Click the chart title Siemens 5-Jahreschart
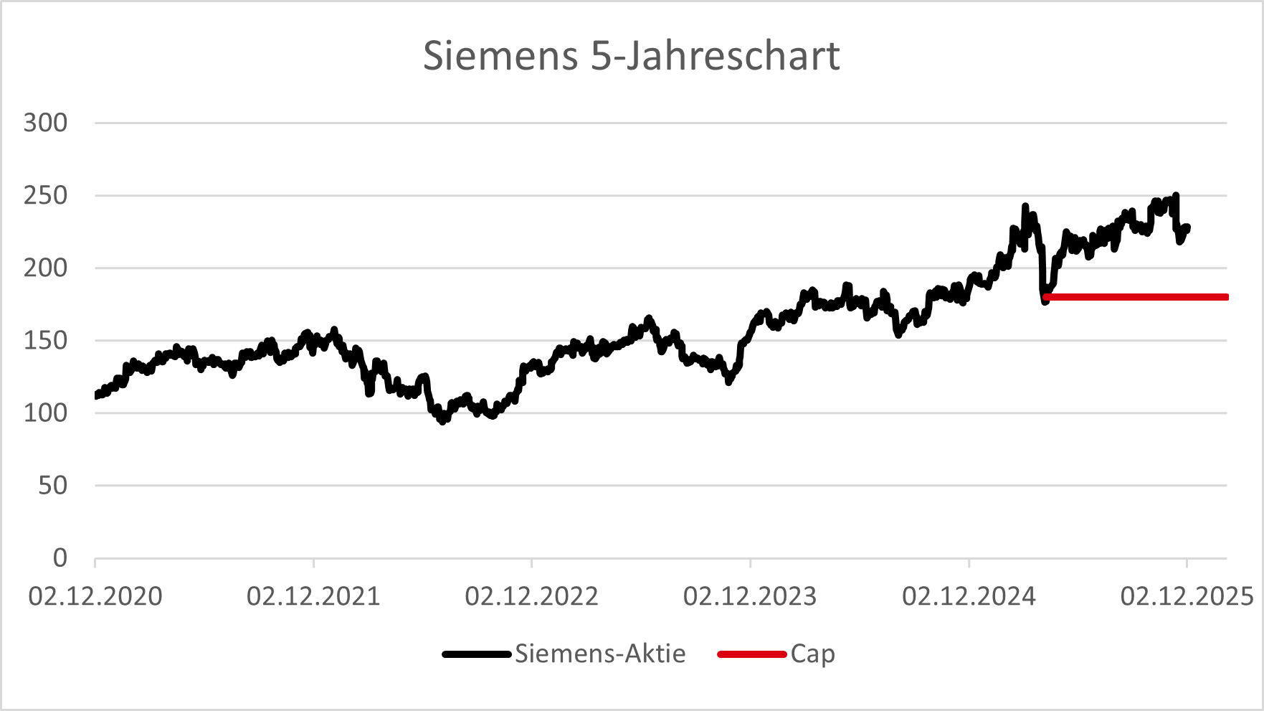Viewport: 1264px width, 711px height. pyautogui.click(x=631, y=56)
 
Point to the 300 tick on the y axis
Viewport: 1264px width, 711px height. pyautogui.click(x=46, y=123)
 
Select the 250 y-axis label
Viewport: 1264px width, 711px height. pyautogui.click(x=46, y=195)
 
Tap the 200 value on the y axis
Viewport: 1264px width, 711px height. pyautogui.click(x=46, y=268)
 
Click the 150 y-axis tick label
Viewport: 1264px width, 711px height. pyautogui.click(x=46, y=340)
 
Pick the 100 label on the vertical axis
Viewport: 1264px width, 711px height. pyautogui.click(x=46, y=413)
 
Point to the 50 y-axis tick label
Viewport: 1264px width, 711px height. pyautogui.click(x=53, y=486)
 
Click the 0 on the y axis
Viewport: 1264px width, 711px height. pyautogui.click(x=60, y=558)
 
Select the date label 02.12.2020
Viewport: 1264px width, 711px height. pyautogui.click(x=95, y=596)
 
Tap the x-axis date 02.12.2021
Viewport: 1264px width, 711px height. pyautogui.click(x=313, y=596)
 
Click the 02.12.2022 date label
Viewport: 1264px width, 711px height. pyautogui.click(x=532, y=596)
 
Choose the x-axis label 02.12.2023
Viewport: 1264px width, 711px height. pyautogui.click(x=750, y=596)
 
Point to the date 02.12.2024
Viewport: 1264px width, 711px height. pyautogui.click(x=969, y=596)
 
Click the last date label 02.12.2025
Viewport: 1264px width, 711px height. pyautogui.click(x=1187, y=596)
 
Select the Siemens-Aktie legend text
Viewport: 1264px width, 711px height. pyautogui.click(x=600, y=654)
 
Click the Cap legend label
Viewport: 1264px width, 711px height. pyautogui.click(x=813, y=654)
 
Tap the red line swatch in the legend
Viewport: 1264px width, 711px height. pyautogui.click(x=752, y=654)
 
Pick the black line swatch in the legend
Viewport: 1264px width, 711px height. pyautogui.click(x=477, y=654)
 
